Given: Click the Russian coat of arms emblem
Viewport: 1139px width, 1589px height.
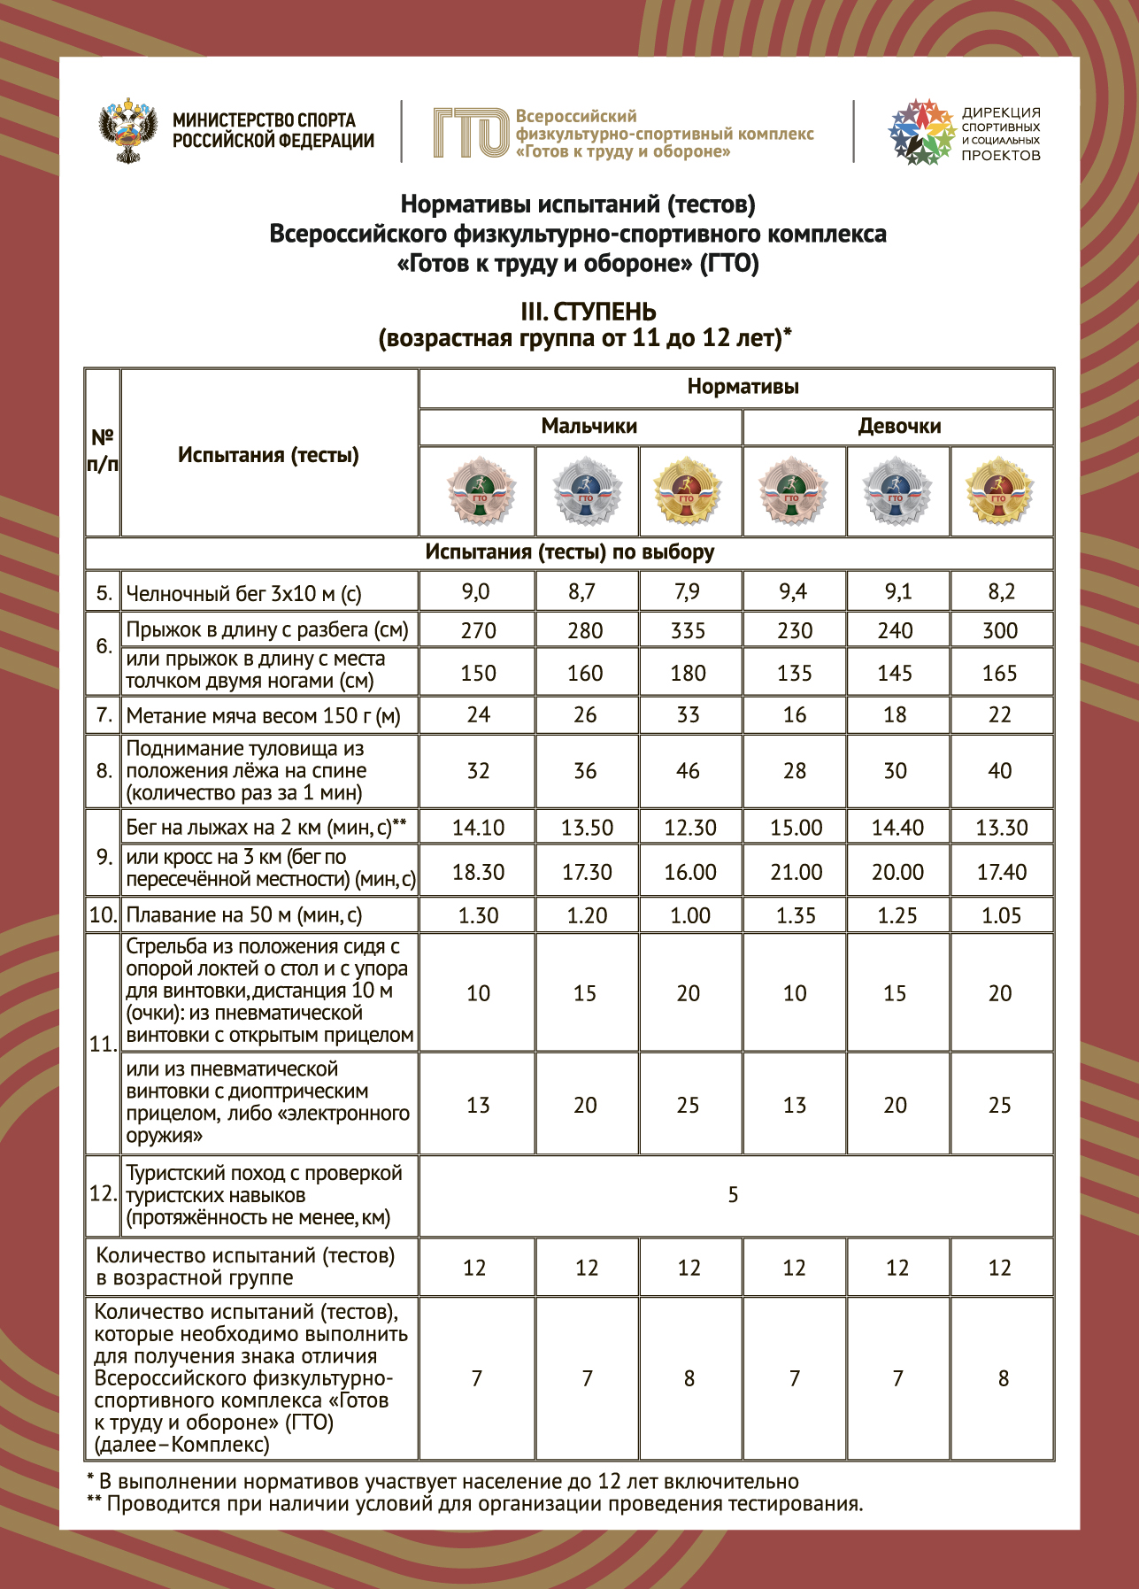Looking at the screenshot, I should click(x=128, y=131).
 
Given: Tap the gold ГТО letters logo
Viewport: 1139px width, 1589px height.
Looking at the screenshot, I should click(x=470, y=133).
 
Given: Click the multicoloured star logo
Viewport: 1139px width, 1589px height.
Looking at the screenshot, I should click(x=921, y=132).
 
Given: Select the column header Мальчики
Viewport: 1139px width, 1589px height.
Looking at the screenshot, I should click(x=589, y=427).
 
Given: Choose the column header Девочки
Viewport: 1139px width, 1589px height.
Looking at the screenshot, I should click(x=899, y=427).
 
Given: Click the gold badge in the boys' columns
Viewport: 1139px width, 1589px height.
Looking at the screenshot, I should click(x=688, y=491).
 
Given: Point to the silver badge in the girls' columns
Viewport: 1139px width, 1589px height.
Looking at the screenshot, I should click(x=897, y=491).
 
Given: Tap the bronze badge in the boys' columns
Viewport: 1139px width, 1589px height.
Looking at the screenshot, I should click(x=479, y=491).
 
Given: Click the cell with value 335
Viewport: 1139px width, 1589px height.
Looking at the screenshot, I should click(x=688, y=630).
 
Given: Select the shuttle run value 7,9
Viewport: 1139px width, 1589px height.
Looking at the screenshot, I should click(x=688, y=591).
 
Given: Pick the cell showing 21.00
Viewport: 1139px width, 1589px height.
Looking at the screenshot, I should click(x=796, y=872).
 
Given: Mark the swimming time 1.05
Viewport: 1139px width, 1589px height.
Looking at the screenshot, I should click(x=1001, y=915).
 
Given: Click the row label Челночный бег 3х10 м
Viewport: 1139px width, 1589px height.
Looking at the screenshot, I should click(x=243, y=593).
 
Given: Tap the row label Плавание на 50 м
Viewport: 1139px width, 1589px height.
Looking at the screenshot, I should click(x=243, y=915).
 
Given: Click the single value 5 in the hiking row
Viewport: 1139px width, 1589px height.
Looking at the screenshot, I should click(x=733, y=1195).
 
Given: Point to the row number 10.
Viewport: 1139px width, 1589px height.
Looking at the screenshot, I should click(x=103, y=915).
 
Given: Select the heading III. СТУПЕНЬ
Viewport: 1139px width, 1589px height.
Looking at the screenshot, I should click(x=589, y=312).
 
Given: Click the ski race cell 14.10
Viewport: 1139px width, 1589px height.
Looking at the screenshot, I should click(x=478, y=828).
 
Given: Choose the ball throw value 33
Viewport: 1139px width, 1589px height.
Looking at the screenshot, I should click(x=688, y=714).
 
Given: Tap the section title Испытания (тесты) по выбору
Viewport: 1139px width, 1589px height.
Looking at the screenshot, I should click(x=569, y=552).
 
